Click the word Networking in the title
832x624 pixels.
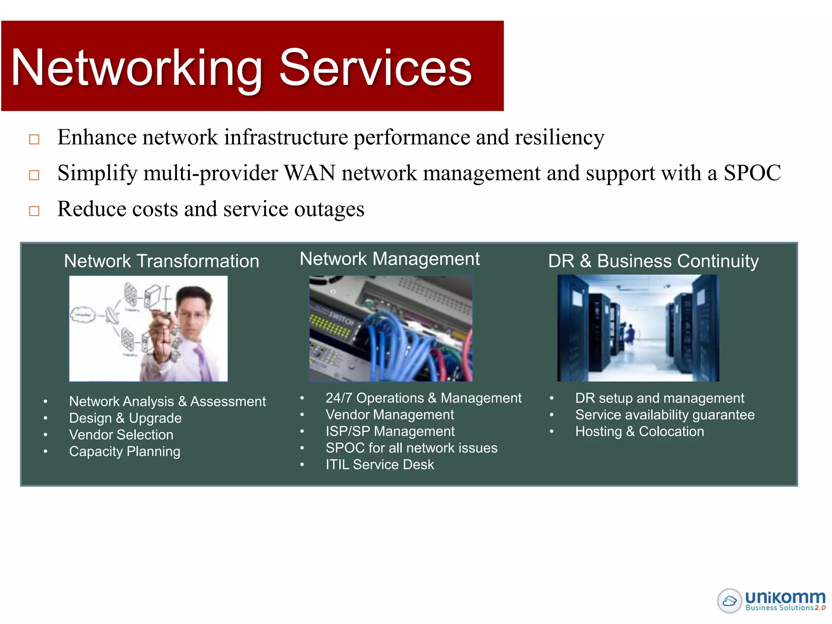tap(136, 68)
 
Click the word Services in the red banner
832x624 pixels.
tap(375, 68)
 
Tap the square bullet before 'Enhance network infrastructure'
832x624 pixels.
tap(34, 139)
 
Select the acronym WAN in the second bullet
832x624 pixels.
tap(310, 173)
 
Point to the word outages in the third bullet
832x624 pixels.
tap(329, 209)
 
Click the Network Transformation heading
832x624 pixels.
tap(161, 261)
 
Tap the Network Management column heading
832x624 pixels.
tap(390, 259)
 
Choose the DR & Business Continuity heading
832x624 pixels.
tap(653, 261)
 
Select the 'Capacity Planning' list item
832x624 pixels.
tap(125, 451)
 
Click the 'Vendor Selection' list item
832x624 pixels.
tap(121, 435)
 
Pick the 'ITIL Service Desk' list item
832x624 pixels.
tap(380, 464)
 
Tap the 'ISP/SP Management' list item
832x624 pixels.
tap(390, 431)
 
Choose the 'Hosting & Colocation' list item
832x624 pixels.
tap(639, 431)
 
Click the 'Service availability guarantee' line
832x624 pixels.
tap(665, 415)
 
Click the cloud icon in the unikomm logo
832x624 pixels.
tap(730, 600)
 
